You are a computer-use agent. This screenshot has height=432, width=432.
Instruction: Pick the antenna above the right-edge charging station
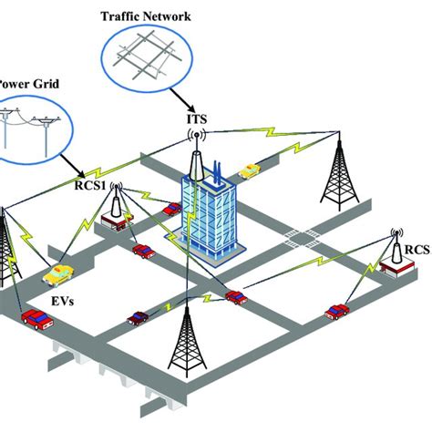click(x=396, y=235)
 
